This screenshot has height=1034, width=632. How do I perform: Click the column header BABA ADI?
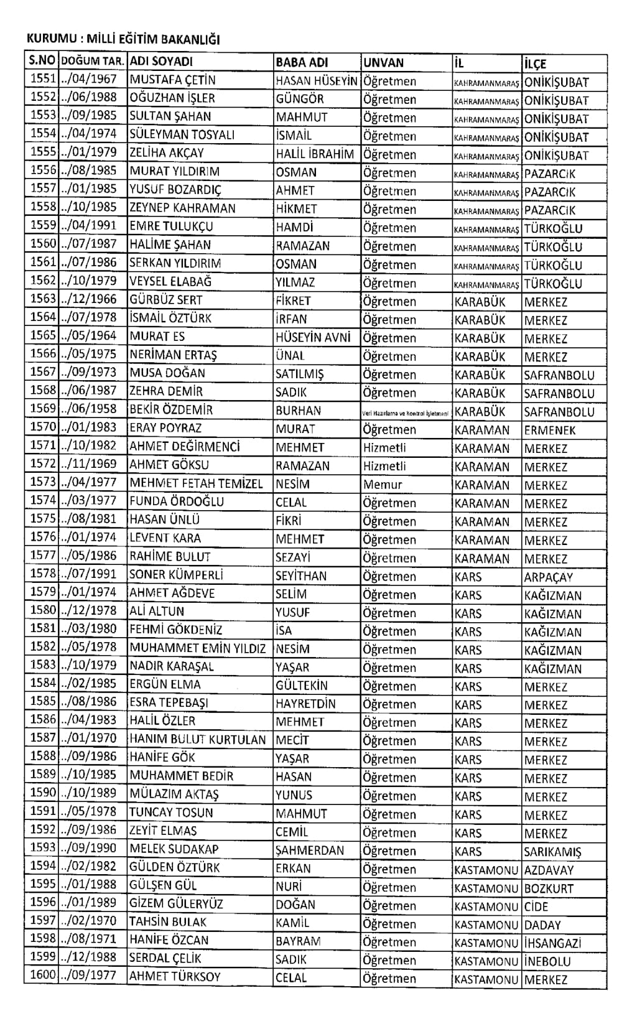(302, 62)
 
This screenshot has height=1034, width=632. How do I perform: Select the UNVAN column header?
(383, 63)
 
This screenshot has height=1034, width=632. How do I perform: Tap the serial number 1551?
(43, 80)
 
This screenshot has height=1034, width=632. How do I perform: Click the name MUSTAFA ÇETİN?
(172, 80)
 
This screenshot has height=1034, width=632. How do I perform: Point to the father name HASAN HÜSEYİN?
(317, 81)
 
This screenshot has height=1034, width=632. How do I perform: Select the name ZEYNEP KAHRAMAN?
(182, 208)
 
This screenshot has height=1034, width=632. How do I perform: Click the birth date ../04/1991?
(90, 226)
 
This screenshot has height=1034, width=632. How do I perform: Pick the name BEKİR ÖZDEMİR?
(171, 410)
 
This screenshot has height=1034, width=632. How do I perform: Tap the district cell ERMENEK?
(550, 430)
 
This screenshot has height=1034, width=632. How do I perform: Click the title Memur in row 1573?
(383, 484)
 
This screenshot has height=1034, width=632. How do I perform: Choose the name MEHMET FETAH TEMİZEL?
(197, 483)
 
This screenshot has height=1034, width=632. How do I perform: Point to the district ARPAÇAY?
(548, 577)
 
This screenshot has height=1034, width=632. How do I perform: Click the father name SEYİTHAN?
(301, 576)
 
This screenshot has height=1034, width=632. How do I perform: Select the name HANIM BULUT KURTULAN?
(198, 740)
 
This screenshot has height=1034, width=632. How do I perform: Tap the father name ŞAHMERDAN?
(310, 850)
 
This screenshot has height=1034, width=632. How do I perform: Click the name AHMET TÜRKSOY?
(175, 977)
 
